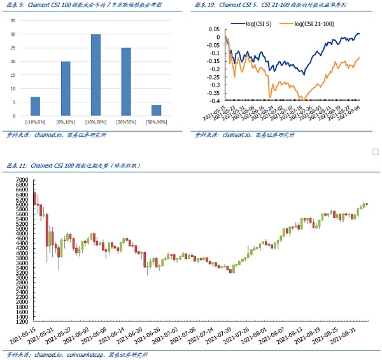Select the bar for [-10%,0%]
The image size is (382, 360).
(x=35, y=106)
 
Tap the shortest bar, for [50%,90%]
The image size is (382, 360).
(x=156, y=110)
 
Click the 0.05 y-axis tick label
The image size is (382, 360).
(x=214, y=29)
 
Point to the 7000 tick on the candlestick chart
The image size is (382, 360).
(x=22, y=181)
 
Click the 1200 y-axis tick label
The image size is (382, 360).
(x=22, y=322)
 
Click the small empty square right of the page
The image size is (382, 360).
(x=375, y=151)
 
